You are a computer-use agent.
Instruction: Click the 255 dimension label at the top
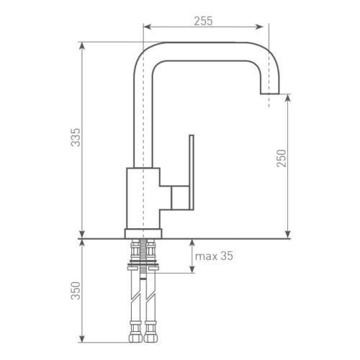pos(203,21)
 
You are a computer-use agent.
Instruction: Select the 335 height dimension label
pos(76,138)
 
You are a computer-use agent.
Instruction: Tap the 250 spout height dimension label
pos(282,158)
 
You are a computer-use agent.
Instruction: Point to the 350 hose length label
pos(76,291)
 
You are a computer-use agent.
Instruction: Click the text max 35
pos(214,256)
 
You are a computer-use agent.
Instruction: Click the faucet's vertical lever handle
pos(192,172)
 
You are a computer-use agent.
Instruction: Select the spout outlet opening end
pos(270,94)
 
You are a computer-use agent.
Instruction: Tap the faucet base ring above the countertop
pos(143,233)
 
